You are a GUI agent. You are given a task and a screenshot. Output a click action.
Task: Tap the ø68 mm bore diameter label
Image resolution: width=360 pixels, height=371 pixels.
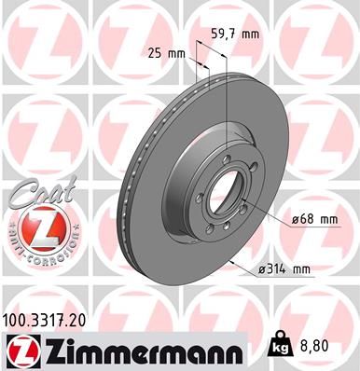coord(313,218)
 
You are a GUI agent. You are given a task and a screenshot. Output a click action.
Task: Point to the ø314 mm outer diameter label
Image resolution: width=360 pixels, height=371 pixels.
coord(283,269)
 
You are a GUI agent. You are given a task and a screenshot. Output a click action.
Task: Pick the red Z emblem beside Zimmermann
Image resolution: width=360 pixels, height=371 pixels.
coord(21,350)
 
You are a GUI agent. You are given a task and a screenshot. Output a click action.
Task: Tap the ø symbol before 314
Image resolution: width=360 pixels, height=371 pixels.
coord(260,269)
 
